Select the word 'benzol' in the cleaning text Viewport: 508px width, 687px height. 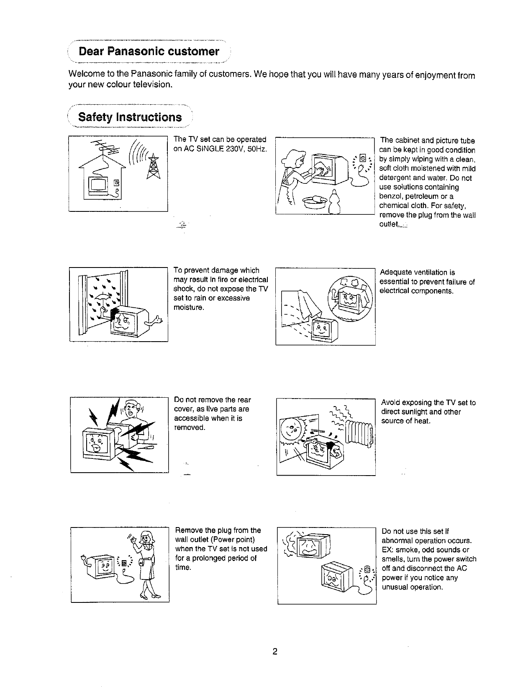click(x=391, y=196)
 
